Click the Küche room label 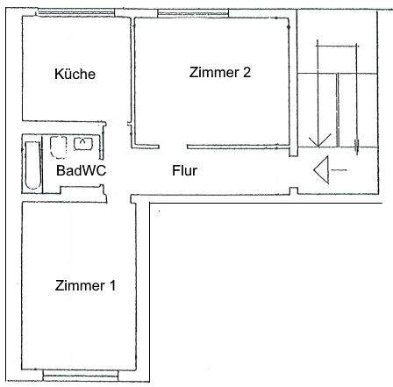click(x=74, y=74)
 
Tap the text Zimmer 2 click(x=220, y=73)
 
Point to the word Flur click(x=183, y=171)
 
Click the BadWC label click(x=81, y=171)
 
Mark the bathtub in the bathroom click(x=31, y=164)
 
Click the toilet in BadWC click(x=60, y=144)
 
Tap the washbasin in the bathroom click(x=86, y=142)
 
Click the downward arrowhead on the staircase click(x=318, y=138)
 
